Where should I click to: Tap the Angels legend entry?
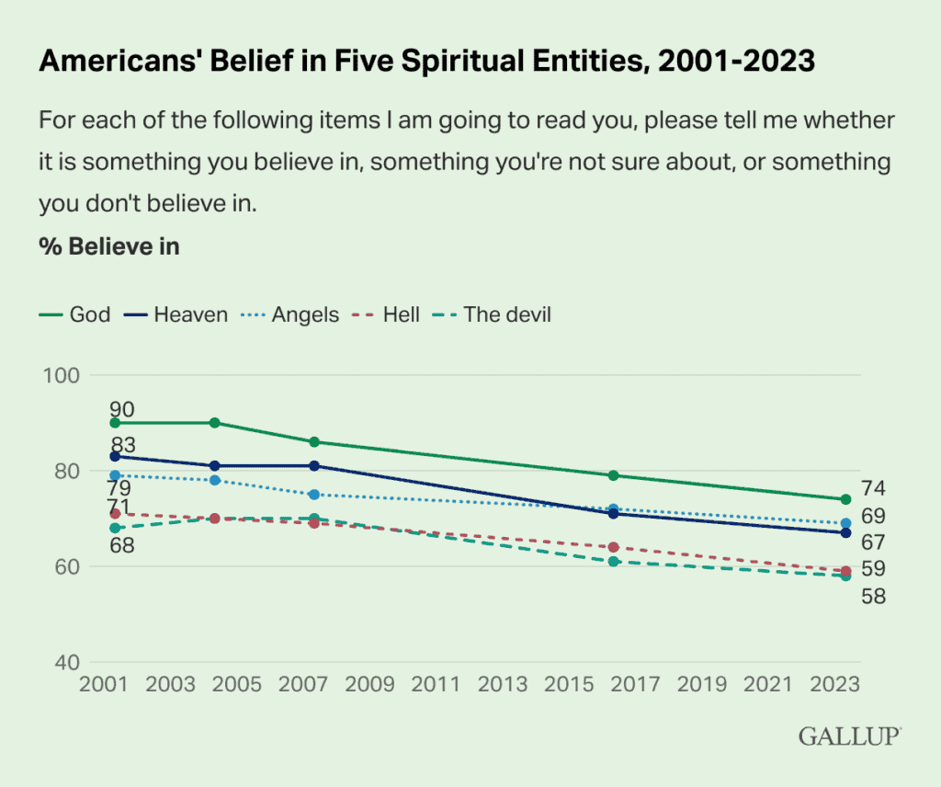pyautogui.click(x=291, y=314)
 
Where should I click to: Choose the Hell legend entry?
pyautogui.click(x=389, y=314)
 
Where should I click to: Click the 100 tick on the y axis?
pyautogui.click(x=63, y=375)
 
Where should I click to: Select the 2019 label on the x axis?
pyautogui.click(x=700, y=685)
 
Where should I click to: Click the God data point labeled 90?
pyautogui.click(x=115, y=423)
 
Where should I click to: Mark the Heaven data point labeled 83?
pyautogui.click(x=115, y=456)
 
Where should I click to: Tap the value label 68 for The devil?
pyautogui.click(x=121, y=545)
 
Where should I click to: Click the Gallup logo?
pyautogui.click(x=849, y=736)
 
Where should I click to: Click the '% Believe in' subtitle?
pyautogui.click(x=109, y=246)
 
